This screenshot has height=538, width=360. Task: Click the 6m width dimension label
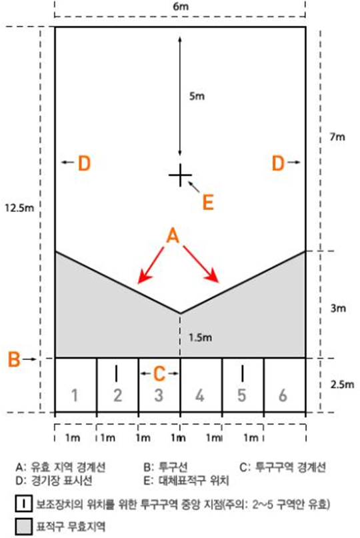(180, 7)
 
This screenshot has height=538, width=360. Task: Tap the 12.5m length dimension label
(19, 207)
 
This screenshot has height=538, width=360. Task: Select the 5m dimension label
(197, 96)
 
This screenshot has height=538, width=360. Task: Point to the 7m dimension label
(337, 137)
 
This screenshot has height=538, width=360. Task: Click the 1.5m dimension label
(201, 337)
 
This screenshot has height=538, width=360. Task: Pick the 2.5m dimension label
(342, 384)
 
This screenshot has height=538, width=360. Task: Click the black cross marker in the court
(180, 175)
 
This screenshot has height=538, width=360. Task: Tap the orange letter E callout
(208, 202)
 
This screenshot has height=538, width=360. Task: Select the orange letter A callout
(173, 236)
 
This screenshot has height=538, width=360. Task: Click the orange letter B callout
(14, 359)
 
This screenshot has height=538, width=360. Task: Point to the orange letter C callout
(159, 373)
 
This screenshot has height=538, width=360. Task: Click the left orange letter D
(84, 163)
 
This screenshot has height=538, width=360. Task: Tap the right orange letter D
(278, 163)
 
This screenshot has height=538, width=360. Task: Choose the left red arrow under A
(151, 265)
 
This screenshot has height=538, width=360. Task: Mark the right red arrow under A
(201, 264)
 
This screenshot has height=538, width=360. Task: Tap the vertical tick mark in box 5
(243, 373)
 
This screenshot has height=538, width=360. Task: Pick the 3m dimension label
(338, 308)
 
